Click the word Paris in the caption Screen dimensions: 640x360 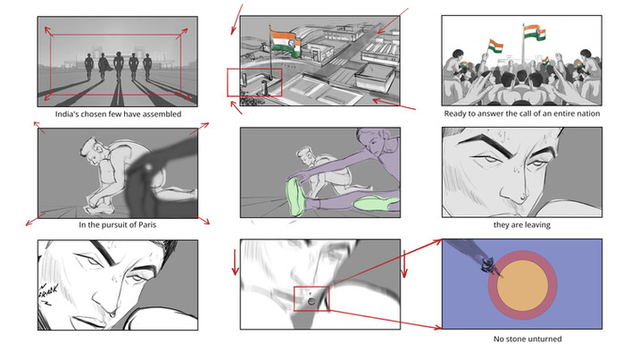[x=147, y=225]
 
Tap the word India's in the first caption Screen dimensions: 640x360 [x=67, y=114]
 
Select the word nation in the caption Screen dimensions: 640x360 [x=588, y=113]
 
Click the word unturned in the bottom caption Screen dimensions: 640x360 [x=544, y=339]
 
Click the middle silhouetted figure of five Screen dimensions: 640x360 [x=119, y=66]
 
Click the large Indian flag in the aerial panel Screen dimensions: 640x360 [x=286, y=43]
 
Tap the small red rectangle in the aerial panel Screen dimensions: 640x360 [x=254, y=82]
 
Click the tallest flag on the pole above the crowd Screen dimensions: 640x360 [x=535, y=33]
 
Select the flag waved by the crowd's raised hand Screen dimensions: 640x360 [x=495, y=46]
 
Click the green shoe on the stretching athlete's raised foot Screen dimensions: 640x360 [x=295, y=197]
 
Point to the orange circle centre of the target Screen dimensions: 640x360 [x=522, y=285]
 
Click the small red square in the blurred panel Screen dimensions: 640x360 [x=311, y=298]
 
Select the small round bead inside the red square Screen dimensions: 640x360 [x=312, y=302]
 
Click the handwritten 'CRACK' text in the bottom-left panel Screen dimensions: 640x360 [x=47, y=292]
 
